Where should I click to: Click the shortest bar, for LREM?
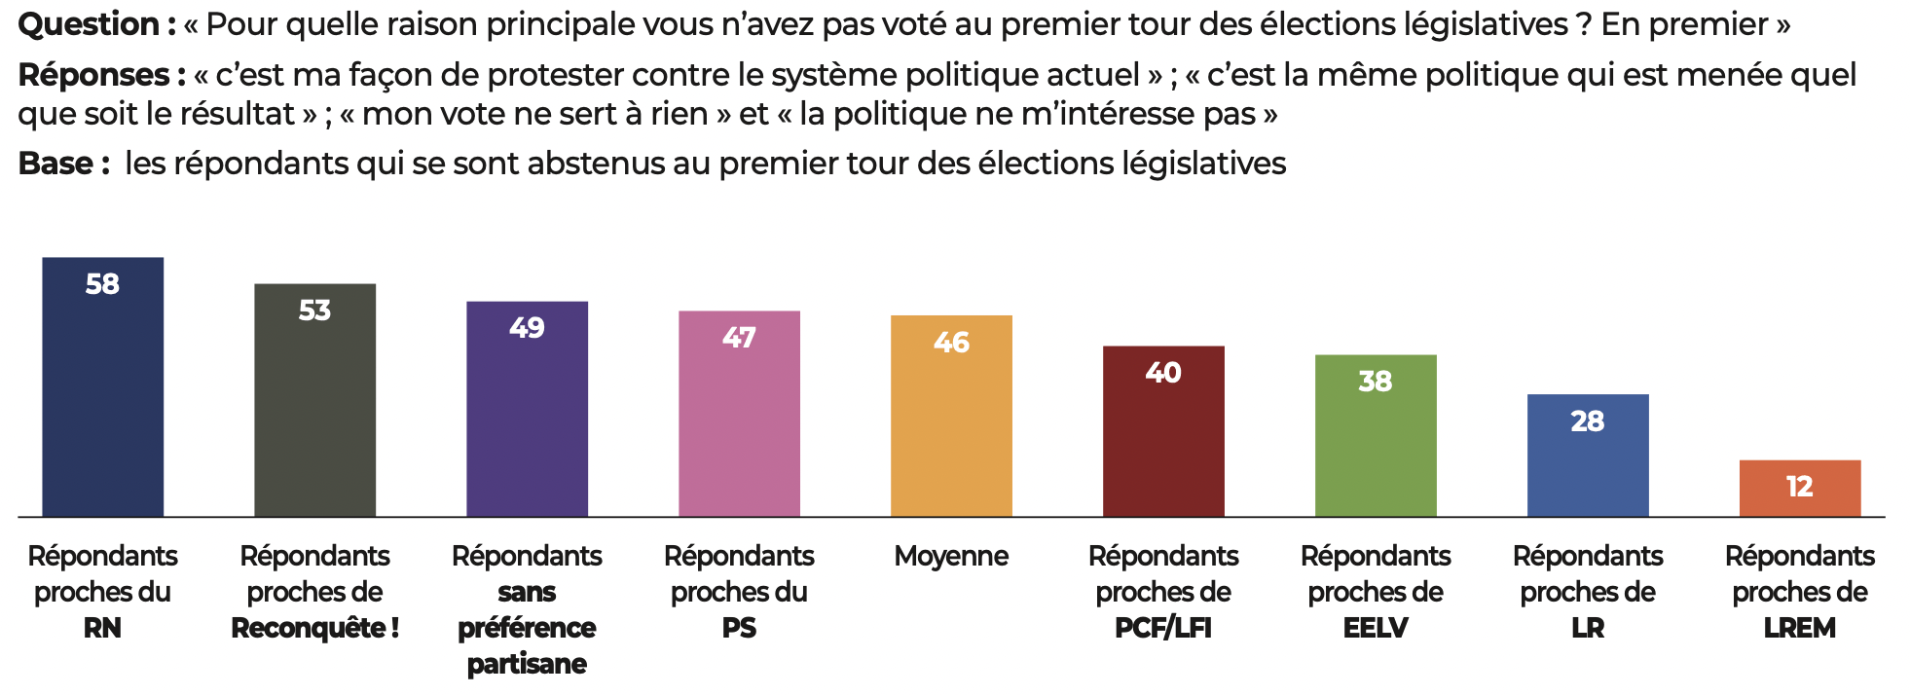point(1800,489)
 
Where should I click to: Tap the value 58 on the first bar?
point(102,284)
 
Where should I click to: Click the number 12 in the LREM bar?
point(1800,487)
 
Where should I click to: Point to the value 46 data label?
point(951,343)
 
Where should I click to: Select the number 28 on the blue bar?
point(1588,421)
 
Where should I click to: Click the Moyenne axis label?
point(951,556)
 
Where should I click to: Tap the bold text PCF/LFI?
point(1163,628)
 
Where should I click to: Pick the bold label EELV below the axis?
point(1376,628)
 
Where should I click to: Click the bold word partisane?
point(527,664)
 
